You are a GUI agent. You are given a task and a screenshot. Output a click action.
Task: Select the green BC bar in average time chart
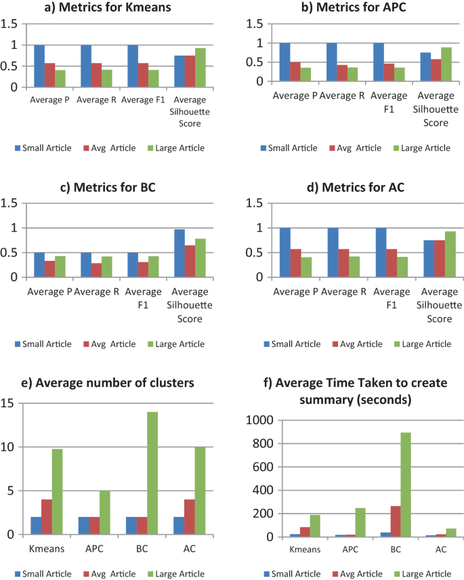[404, 484]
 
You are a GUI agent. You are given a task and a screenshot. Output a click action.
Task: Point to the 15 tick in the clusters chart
[7, 403]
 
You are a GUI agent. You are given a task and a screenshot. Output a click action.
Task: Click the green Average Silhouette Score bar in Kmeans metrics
[201, 68]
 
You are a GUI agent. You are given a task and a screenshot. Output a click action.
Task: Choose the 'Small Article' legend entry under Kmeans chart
[41, 148]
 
